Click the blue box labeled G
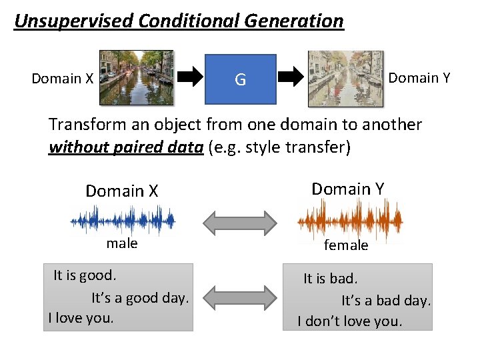click(240, 79)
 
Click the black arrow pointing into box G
click(194, 78)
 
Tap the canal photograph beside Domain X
click(136, 77)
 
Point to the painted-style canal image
click(345, 78)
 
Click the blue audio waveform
click(123, 219)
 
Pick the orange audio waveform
click(349, 219)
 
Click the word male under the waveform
click(122, 243)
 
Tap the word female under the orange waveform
click(346, 245)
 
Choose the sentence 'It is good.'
click(85, 275)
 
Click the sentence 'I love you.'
click(81, 317)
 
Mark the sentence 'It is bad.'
click(331, 278)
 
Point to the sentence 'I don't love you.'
click(349, 321)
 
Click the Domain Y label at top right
click(419, 78)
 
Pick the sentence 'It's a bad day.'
click(386, 301)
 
